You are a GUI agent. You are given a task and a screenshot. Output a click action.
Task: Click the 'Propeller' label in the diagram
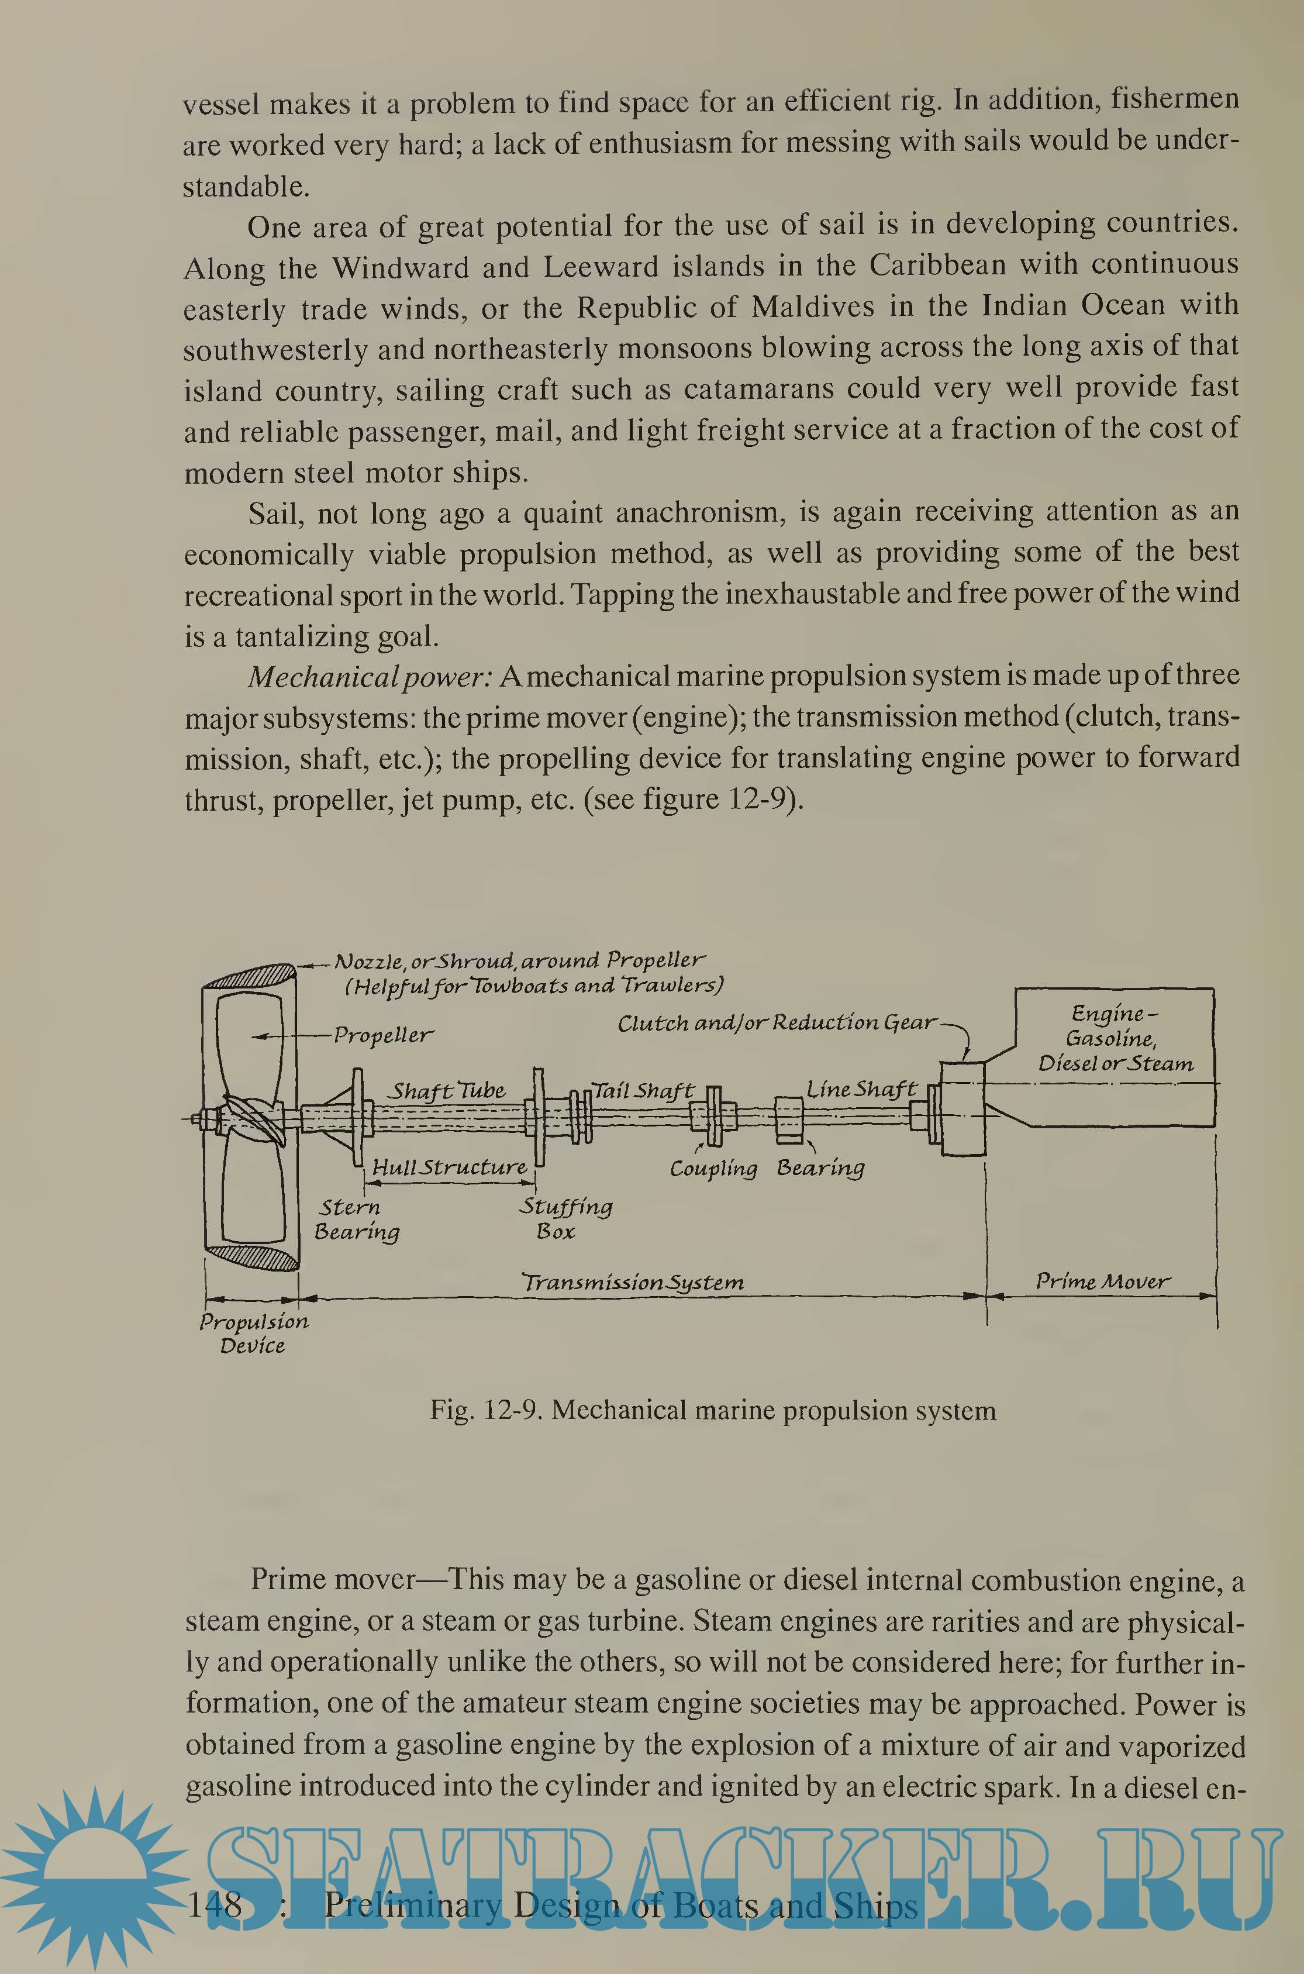pos(384,1036)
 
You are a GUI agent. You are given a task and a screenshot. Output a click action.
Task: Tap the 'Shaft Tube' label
pos(449,1091)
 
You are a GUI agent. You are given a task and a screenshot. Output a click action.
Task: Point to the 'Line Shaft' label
pos(861,1089)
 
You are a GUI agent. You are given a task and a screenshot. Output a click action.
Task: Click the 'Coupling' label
pos(713,1169)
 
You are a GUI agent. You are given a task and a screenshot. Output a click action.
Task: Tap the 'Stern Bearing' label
pos(356,1219)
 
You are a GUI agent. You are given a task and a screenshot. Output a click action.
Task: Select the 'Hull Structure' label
pos(449,1167)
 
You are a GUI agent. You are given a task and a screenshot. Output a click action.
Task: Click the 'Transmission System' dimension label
pos(632,1282)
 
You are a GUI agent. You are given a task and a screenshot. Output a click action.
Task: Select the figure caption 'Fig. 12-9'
pos(713,1410)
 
